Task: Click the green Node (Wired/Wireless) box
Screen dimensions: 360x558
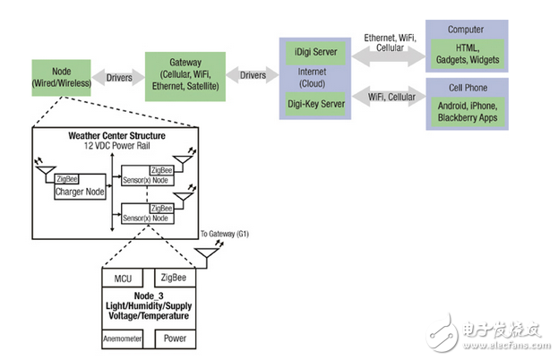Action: [62, 76]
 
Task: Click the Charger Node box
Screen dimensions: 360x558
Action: [82, 192]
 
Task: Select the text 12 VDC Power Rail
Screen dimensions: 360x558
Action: [116, 146]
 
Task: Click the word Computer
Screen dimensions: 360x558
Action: [466, 28]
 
